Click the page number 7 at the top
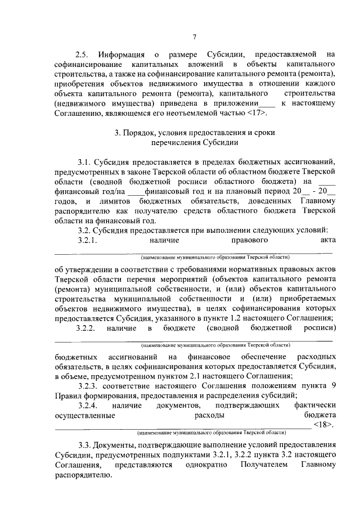coord(194,37)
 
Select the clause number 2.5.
coord(83,55)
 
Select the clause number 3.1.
coord(85,162)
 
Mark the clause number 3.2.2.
coord(88,327)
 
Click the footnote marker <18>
coord(324,424)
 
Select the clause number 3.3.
coord(85,445)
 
